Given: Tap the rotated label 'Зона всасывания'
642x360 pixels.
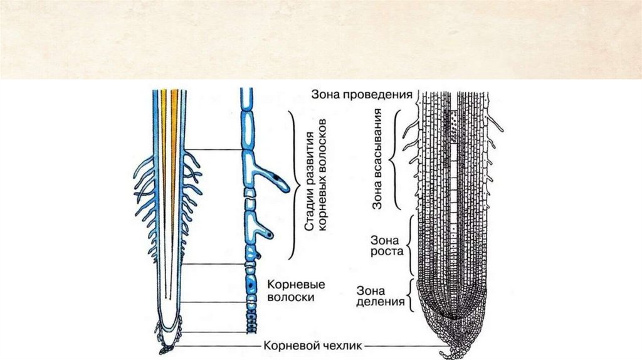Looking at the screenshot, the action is point(378,159).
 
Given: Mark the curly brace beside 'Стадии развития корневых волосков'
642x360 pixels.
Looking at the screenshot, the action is point(292,184).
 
